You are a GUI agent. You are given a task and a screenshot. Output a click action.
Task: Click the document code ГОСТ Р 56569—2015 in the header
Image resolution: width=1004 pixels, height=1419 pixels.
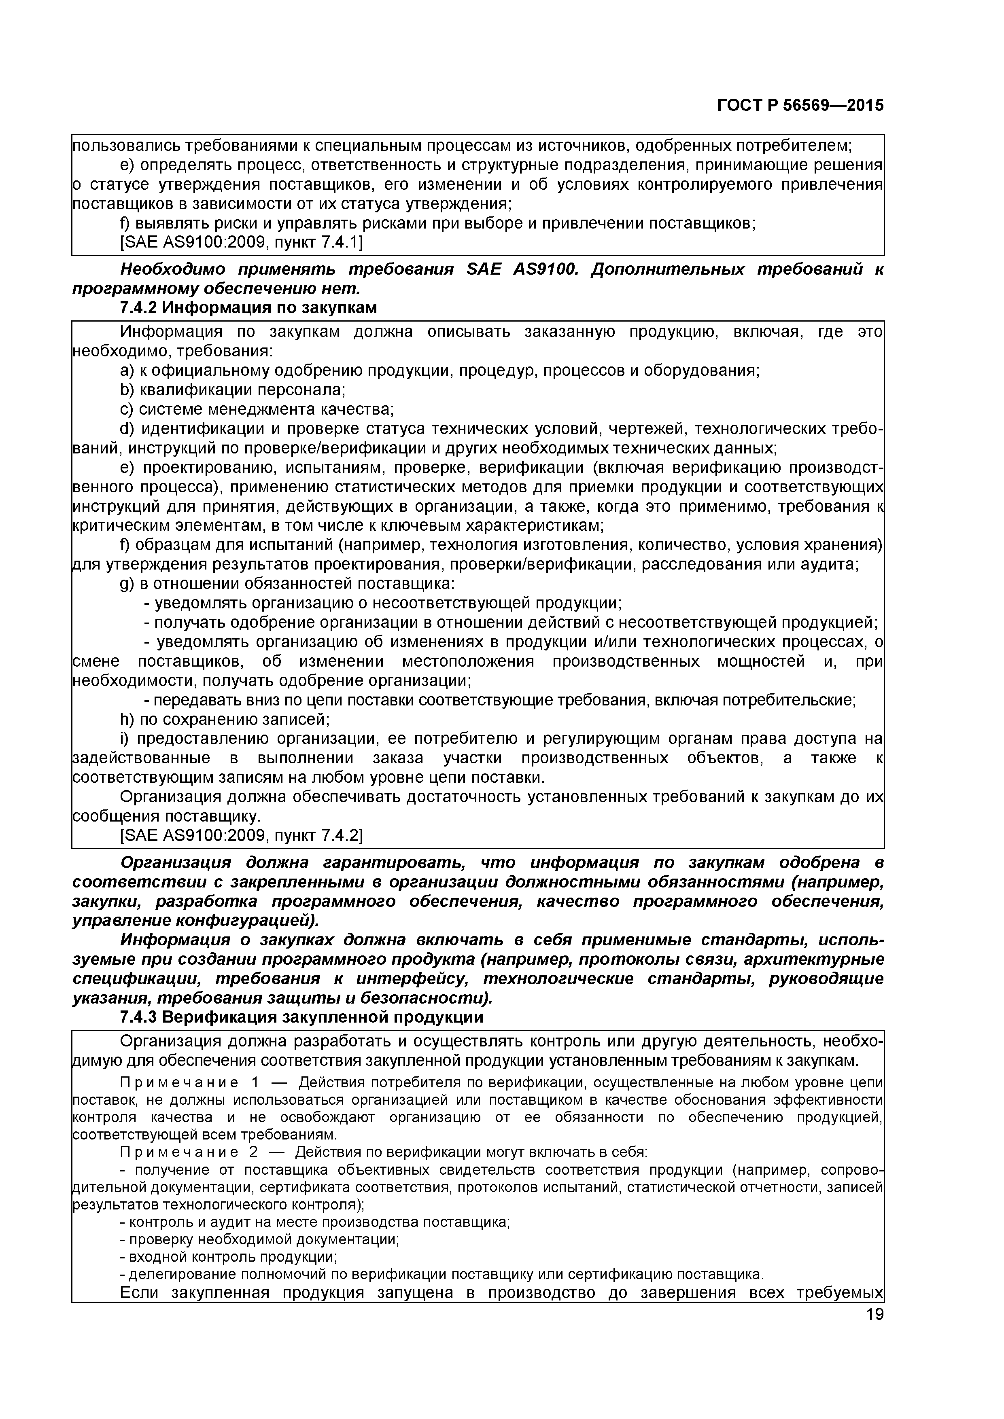click(800, 106)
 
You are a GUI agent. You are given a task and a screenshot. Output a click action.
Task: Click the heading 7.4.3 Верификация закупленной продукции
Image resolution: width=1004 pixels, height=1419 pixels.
click(301, 1017)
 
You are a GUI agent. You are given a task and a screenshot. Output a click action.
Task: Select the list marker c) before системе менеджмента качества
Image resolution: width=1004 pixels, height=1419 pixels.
click(126, 409)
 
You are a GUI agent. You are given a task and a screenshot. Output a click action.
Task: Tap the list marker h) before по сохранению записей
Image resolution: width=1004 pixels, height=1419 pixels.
click(126, 719)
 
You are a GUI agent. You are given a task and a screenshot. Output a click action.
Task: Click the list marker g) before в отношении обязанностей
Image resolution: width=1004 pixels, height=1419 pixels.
click(127, 583)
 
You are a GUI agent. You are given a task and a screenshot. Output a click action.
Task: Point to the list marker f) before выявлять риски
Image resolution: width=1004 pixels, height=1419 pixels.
click(124, 224)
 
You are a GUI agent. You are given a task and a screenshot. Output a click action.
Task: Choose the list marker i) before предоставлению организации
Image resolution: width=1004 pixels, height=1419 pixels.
click(124, 739)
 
